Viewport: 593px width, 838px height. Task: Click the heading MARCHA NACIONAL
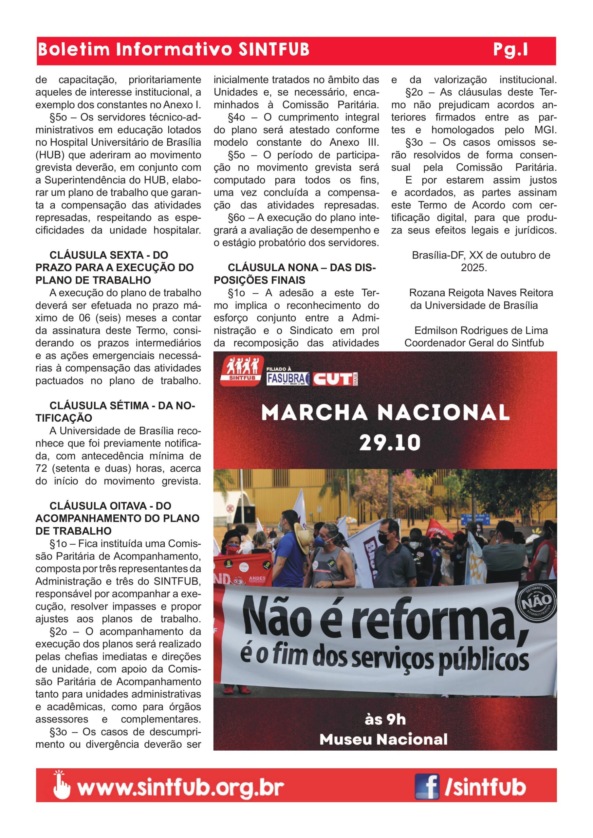[x=385, y=413]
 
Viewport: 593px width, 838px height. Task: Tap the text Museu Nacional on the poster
[x=383, y=739]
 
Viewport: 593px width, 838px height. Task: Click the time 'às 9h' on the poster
[x=385, y=720]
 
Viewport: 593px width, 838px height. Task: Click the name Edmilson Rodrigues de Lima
[x=481, y=330]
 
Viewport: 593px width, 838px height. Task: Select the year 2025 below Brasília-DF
[x=474, y=267]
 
